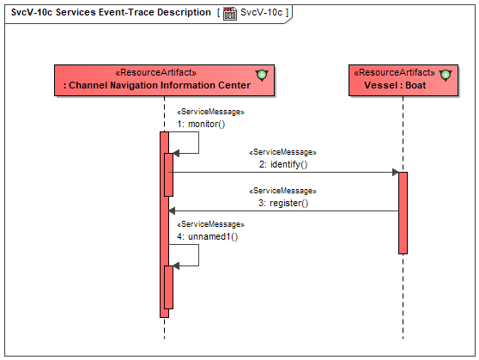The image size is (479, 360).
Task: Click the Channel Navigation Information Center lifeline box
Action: coord(164,80)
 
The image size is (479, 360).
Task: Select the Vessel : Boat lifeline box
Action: coord(403,80)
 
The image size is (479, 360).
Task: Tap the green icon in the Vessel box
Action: coord(446,75)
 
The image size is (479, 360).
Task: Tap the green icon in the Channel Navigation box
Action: coord(262,75)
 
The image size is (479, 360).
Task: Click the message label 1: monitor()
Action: coord(201,124)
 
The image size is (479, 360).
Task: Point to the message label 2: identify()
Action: coord(283,165)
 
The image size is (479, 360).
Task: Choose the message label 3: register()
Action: coord(283,203)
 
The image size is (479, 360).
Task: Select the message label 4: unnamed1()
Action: coord(208,236)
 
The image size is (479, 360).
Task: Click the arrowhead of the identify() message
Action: coord(395,172)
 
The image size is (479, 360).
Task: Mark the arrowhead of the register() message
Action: coord(172,211)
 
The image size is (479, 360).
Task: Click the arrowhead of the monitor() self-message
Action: coord(176,153)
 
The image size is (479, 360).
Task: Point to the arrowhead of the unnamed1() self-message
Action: coord(176,265)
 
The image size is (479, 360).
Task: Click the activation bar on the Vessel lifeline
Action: coord(403,213)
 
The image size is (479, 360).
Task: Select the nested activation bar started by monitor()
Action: coord(168,174)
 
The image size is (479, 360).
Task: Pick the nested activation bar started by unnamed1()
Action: coord(168,287)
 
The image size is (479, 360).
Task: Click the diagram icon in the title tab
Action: coord(230,14)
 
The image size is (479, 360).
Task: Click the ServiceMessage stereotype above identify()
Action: coord(283,152)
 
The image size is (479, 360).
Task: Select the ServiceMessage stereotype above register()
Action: coord(283,191)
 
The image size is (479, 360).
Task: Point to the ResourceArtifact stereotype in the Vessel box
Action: coord(394,72)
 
